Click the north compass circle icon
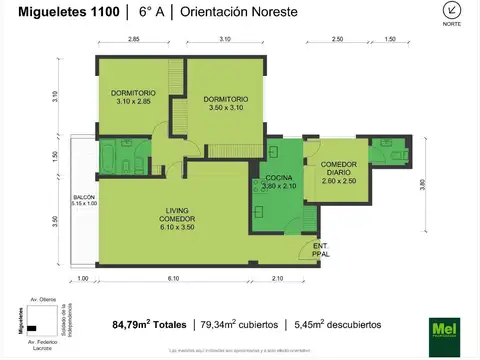(x=452, y=12)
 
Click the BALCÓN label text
(x=84, y=202)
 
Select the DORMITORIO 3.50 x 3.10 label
(x=225, y=104)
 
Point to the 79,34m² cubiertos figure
(x=236, y=324)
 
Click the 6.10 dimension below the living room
(x=174, y=278)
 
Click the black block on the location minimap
(x=32, y=328)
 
